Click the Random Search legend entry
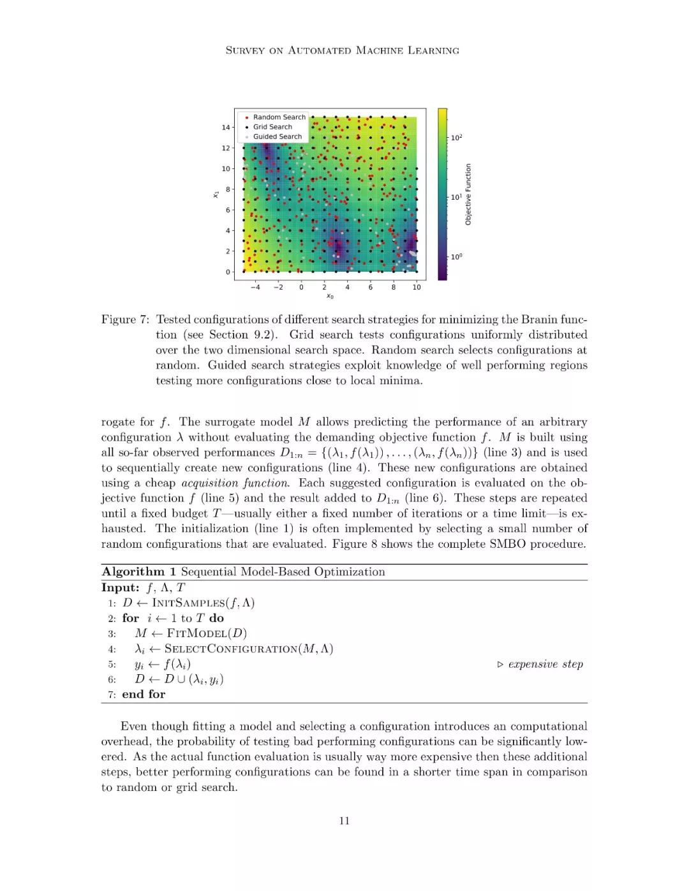coord(279,117)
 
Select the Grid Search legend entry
coord(272,127)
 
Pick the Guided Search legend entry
coord(277,136)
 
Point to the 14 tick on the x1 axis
coord(226,128)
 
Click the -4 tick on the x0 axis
coord(255,287)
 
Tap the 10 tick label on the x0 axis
coord(417,287)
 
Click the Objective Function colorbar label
coord(468,195)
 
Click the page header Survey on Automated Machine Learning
coord(343,50)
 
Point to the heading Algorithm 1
coord(138,572)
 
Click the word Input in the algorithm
coord(120,588)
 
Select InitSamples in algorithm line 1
coord(188,603)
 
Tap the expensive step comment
coord(545,665)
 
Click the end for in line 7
coord(144,695)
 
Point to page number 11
coord(344,821)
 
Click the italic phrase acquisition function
coord(235,483)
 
